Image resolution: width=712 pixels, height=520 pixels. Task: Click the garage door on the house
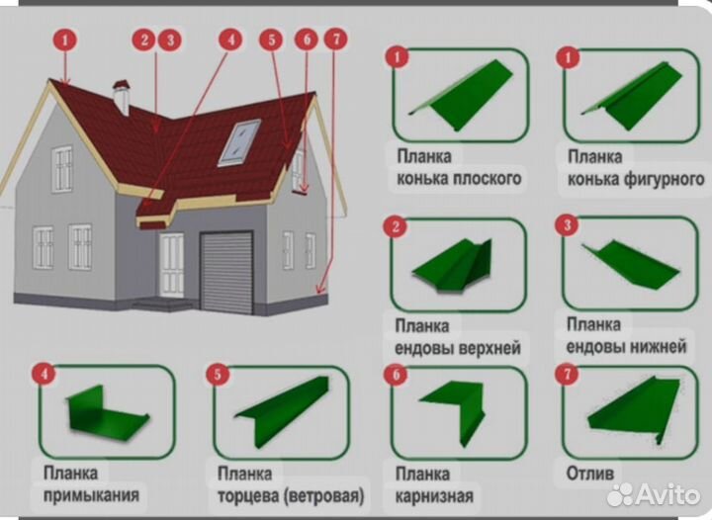226,270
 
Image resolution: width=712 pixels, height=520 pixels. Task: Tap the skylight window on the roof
240,142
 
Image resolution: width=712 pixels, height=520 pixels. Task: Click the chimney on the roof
122,97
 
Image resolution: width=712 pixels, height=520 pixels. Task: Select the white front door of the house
171,265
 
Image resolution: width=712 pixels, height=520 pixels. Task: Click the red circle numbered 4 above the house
230,40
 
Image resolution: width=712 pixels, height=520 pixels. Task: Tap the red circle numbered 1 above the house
65,41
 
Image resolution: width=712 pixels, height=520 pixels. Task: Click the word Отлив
591,474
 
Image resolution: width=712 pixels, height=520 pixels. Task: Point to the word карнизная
434,496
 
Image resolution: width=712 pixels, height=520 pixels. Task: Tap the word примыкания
91,494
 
